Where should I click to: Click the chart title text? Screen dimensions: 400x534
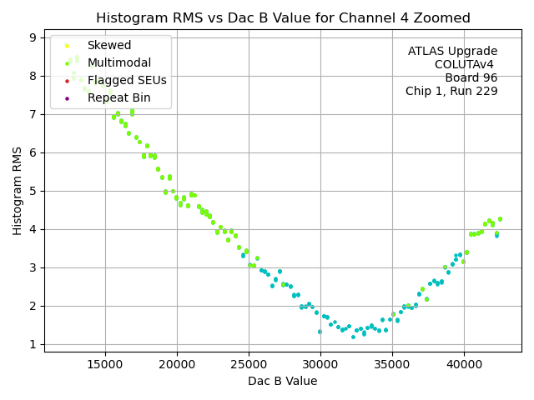pyautogui.click(x=283, y=18)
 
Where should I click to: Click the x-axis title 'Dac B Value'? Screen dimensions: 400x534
pyautogui.click(x=283, y=381)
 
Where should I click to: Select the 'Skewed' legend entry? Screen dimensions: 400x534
pyautogui.click(x=109, y=46)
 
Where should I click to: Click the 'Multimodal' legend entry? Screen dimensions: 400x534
pyautogui.click(x=119, y=63)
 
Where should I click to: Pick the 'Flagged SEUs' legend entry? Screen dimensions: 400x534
pyautogui.click(x=127, y=81)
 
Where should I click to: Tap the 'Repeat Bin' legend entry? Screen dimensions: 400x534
pyautogui.click(x=119, y=98)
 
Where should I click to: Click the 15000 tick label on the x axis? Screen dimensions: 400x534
pyautogui.click(x=105, y=364)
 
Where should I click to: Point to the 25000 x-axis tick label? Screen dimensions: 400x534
pyautogui.click(x=249, y=364)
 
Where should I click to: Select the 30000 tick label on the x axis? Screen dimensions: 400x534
pyautogui.click(x=320, y=364)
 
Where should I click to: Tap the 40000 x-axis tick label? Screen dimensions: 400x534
pyautogui.click(x=464, y=364)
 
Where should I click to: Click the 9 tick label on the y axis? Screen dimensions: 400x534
pyautogui.click(x=31, y=37)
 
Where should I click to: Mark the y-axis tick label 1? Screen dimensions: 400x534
pyautogui.click(x=31, y=344)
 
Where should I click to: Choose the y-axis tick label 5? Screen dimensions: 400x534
pyautogui.click(x=31, y=191)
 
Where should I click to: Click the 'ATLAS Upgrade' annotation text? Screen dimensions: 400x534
pyautogui.click(x=452, y=52)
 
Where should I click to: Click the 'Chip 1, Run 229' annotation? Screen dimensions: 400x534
pyautogui.click(x=451, y=92)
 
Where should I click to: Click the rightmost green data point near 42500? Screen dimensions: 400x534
pyautogui.click(x=500, y=219)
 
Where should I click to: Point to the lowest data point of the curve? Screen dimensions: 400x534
pyautogui.click(x=353, y=337)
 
